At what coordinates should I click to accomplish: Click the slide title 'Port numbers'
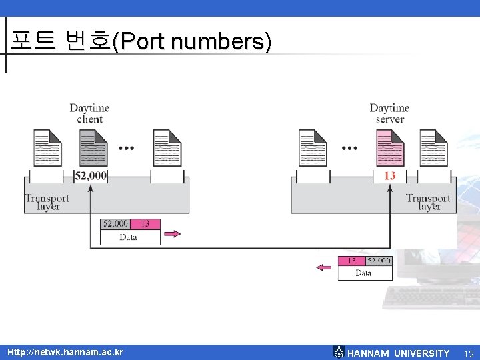tap(141, 42)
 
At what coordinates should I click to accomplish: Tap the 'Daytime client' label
tap(89, 113)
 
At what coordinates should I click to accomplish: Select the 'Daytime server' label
tap(389, 113)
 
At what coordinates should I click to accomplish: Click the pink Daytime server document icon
tap(390, 147)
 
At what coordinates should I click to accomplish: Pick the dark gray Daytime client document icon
tap(93, 147)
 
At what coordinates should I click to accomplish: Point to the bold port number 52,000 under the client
tap(91, 175)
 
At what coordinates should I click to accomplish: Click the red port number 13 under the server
tap(390, 175)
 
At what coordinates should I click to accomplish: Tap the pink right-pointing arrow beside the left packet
tap(172, 233)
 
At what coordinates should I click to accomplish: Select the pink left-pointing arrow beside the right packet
tap(324, 268)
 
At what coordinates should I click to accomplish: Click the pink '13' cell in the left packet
tap(145, 224)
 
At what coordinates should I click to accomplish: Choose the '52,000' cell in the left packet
tap(115, 224)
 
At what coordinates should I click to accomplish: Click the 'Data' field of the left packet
tap(129, 237)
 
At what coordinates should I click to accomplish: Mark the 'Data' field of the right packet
tap(364, 273)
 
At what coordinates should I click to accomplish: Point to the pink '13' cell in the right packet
tap(352, 261)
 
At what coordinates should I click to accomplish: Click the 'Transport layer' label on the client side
tap(47, 202)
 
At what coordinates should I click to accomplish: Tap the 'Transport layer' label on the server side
tap(428, 202)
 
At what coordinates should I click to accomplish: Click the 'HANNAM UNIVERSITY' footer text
tap(399, 353)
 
